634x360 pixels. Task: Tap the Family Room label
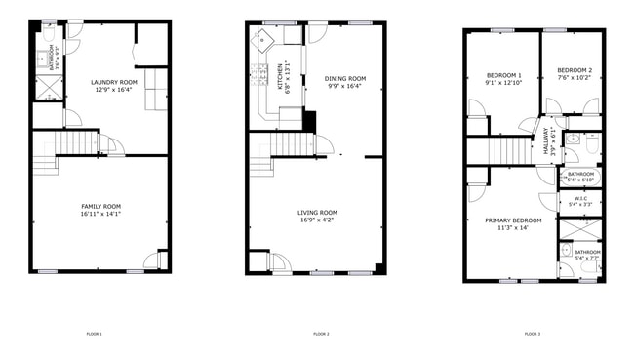(x=100, y=206)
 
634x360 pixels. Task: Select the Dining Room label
(x=345, y=78)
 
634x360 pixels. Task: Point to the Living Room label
(x=317, y=212)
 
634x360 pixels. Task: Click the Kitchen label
(x=280, y=76)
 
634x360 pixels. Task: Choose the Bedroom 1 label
(x=503, y=75)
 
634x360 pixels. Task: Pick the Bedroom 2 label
(x=575, y=70)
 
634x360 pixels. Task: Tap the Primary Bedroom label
(x=512, y=220)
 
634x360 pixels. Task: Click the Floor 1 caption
(x=95, y=334)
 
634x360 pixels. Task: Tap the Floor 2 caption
(x=321, y=334)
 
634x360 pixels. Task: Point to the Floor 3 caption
(x=533, y=334)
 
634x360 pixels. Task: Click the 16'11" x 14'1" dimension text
(x=100, y=214)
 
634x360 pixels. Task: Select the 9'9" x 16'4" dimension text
(x=345, y=86)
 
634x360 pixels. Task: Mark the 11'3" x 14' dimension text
(x=512, y=228)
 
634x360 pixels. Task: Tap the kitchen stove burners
(x=260, y=72)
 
